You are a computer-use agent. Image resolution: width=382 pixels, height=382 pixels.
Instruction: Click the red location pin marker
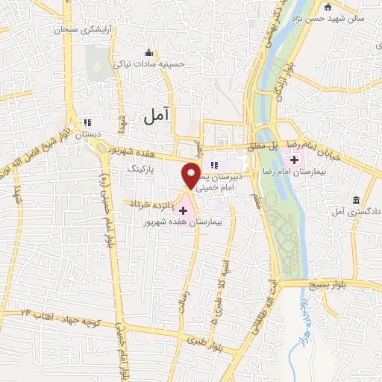(192, 175)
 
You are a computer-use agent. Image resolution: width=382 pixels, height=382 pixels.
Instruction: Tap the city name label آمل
(156, 113)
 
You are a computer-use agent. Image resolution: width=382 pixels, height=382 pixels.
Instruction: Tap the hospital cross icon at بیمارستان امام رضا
(295, 160)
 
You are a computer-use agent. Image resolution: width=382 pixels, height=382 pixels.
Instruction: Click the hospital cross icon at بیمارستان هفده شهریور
(184, 211)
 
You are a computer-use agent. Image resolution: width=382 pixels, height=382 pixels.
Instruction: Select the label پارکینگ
(142, 169)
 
